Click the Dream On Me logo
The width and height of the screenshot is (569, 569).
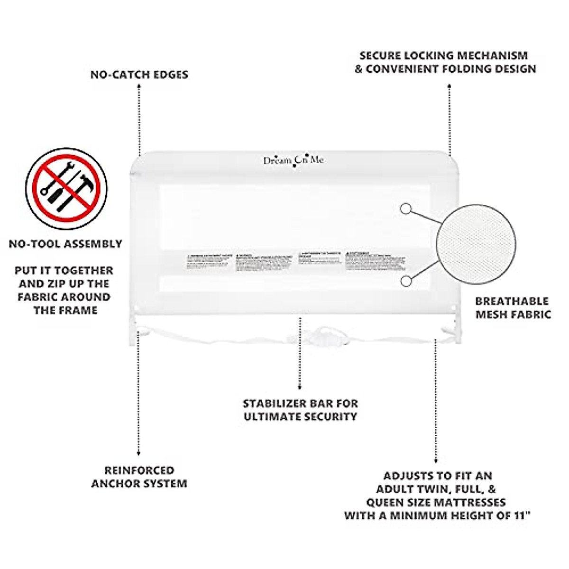tap(294, 161)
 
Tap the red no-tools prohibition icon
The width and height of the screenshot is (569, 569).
tap(66, 188)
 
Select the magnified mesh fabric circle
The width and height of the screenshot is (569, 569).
tap(476, 244)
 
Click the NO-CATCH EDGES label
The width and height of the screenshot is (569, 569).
tap(139, 74)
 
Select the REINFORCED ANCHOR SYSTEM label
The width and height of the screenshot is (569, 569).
tap(139, 477)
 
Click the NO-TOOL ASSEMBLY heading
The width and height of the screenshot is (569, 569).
tap(65, 244)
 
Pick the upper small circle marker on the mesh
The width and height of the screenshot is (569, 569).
tap(405, 209)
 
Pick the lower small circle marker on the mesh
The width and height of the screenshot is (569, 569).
tap(405, 281)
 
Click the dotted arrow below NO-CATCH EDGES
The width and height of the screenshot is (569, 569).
tap(139, 119)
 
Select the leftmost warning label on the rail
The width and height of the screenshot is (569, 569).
tap(209, 262)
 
